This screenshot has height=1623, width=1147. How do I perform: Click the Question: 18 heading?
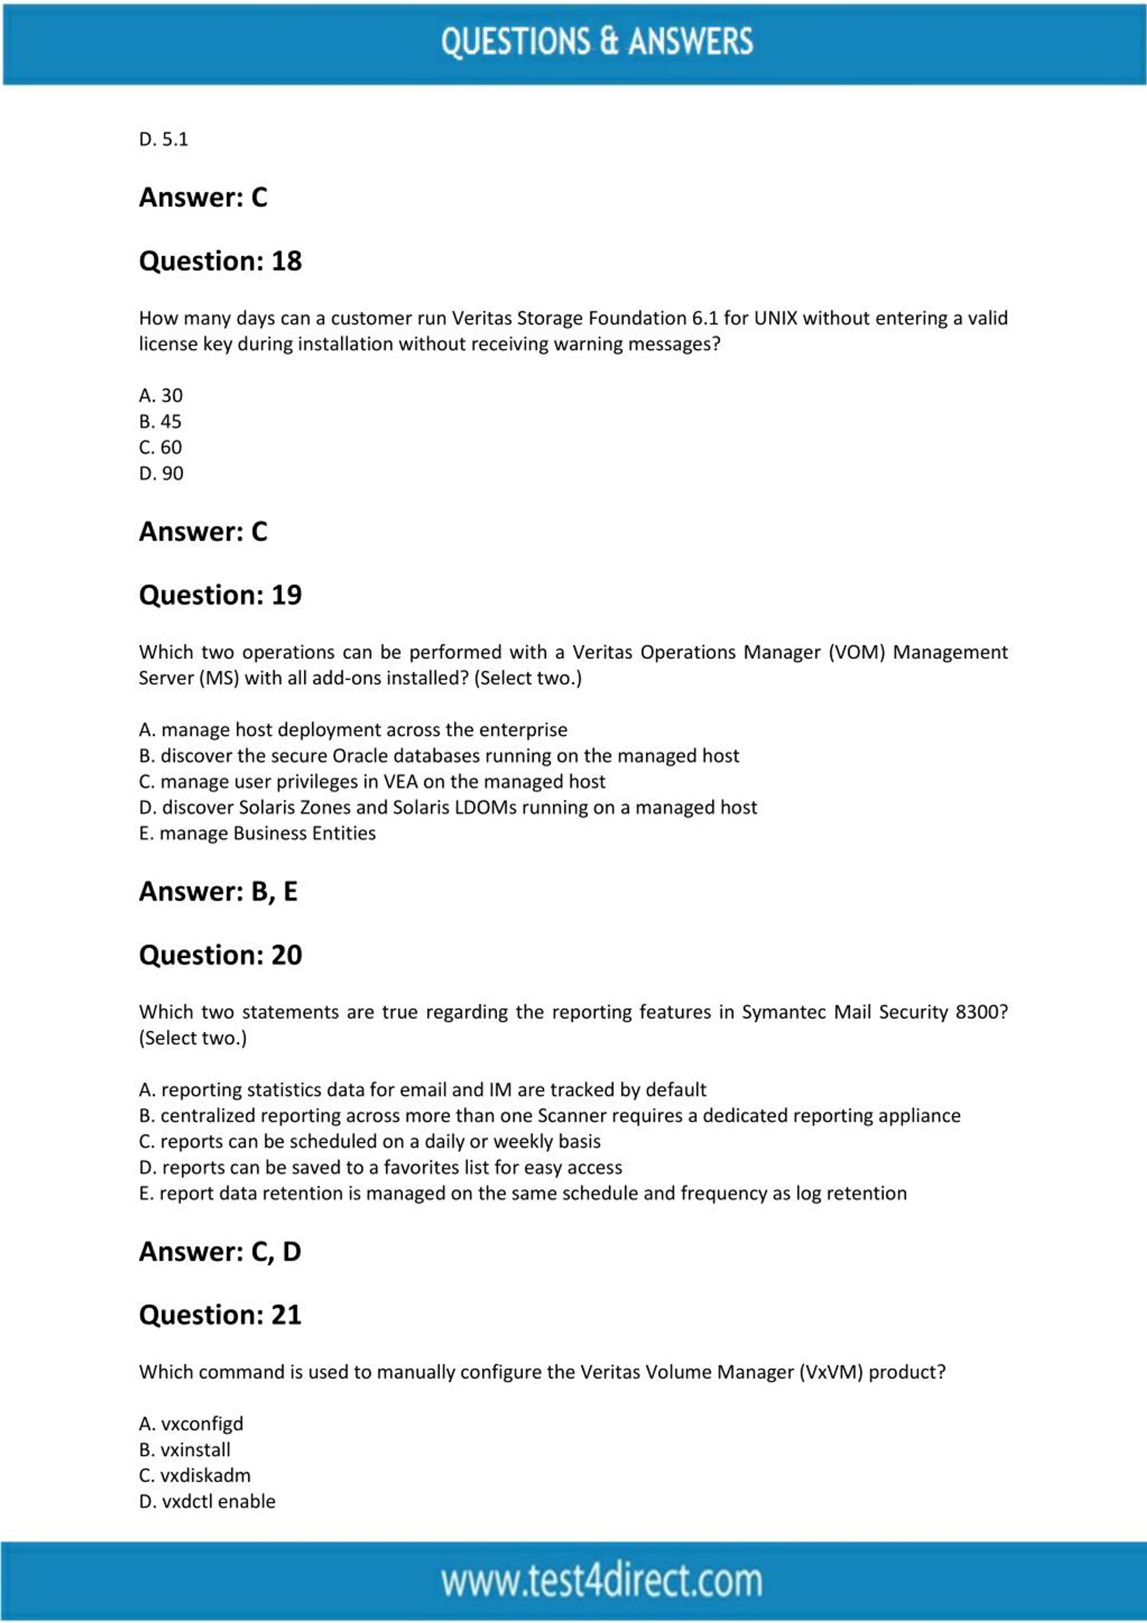(x=220, y=261)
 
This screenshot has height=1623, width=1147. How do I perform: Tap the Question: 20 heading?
(x=220, y=955)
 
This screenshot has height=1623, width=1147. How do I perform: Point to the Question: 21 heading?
(x=220, y=1314)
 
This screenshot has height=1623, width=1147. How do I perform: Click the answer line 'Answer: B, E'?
(x=218, y=892)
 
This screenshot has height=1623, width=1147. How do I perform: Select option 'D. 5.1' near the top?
(x=163, y=139)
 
